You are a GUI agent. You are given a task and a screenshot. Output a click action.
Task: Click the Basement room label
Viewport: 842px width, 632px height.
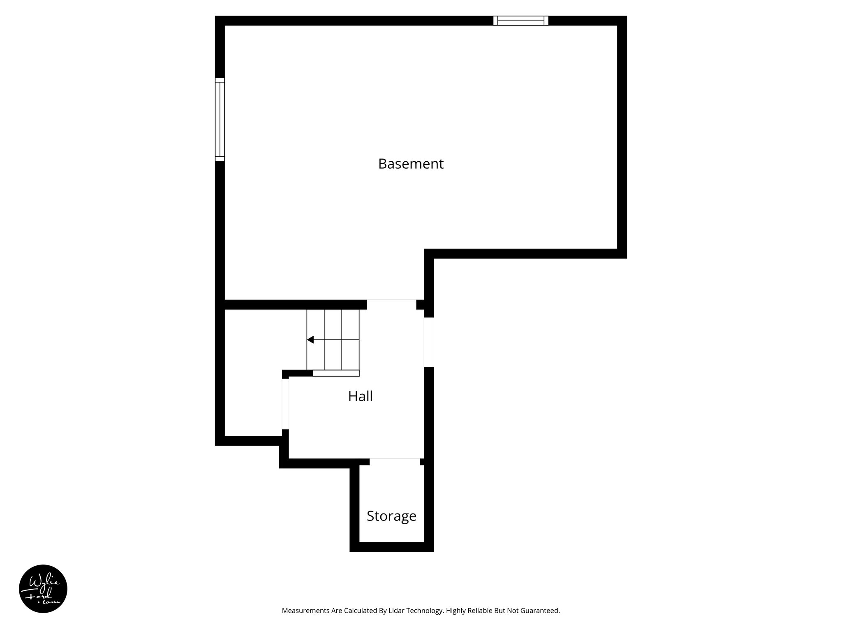click(411, 164)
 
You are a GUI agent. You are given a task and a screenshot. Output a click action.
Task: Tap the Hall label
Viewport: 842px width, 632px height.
click(360, 396)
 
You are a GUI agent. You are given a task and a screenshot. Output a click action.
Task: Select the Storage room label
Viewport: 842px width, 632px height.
click(391, 516)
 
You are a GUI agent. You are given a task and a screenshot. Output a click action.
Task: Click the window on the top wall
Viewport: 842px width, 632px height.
click(520, 21)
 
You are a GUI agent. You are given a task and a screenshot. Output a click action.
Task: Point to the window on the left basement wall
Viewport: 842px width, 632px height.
click(220, 119)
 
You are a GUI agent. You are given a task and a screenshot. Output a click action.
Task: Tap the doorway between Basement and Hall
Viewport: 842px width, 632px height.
click(391, 304)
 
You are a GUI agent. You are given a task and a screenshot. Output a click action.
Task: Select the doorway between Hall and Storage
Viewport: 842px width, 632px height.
click(395, 462)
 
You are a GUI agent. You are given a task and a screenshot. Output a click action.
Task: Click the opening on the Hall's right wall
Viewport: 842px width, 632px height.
click(429, 342)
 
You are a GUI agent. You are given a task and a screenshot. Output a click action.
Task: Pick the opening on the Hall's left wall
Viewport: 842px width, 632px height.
click(285, 404)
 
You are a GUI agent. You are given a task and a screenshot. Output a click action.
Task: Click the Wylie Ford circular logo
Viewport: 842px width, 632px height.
click(43, 589)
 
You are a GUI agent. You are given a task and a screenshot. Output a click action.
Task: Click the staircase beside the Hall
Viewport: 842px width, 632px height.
click(333, 339)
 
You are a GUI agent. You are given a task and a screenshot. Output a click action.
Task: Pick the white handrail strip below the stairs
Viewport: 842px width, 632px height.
click(336, 373)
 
